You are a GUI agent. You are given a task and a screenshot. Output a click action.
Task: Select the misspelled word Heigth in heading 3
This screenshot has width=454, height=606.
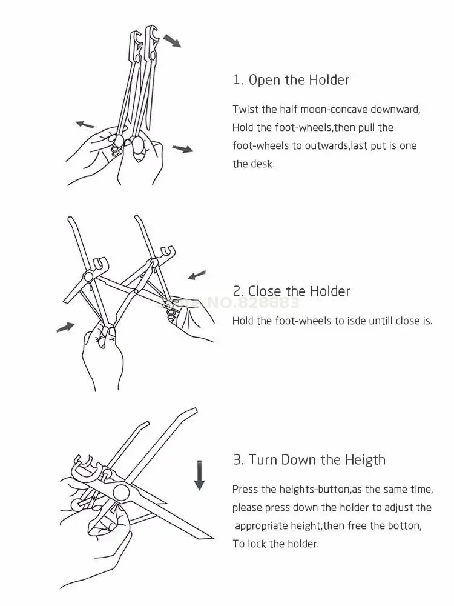click(x=364, y=460)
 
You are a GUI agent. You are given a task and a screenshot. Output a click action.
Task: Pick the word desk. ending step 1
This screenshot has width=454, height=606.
click(x=263, y=164)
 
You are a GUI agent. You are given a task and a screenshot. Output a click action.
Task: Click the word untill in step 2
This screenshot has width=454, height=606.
click(x=379, y=321)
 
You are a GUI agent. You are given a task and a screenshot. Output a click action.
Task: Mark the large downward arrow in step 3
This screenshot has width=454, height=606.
click(x=199, y=474)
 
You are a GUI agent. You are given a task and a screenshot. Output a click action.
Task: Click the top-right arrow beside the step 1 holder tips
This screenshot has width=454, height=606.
click(x=172, y=41)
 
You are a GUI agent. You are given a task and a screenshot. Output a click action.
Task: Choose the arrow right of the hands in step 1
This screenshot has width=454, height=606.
click(x=182, y=148)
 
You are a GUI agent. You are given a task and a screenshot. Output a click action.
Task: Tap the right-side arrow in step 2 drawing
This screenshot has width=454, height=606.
click(x=197, y=275)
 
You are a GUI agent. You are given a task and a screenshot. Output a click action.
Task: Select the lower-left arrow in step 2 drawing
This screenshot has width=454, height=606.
click(x=65, y=327)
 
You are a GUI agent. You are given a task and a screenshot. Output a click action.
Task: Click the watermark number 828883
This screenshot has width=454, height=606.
click(x=267, y=303)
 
